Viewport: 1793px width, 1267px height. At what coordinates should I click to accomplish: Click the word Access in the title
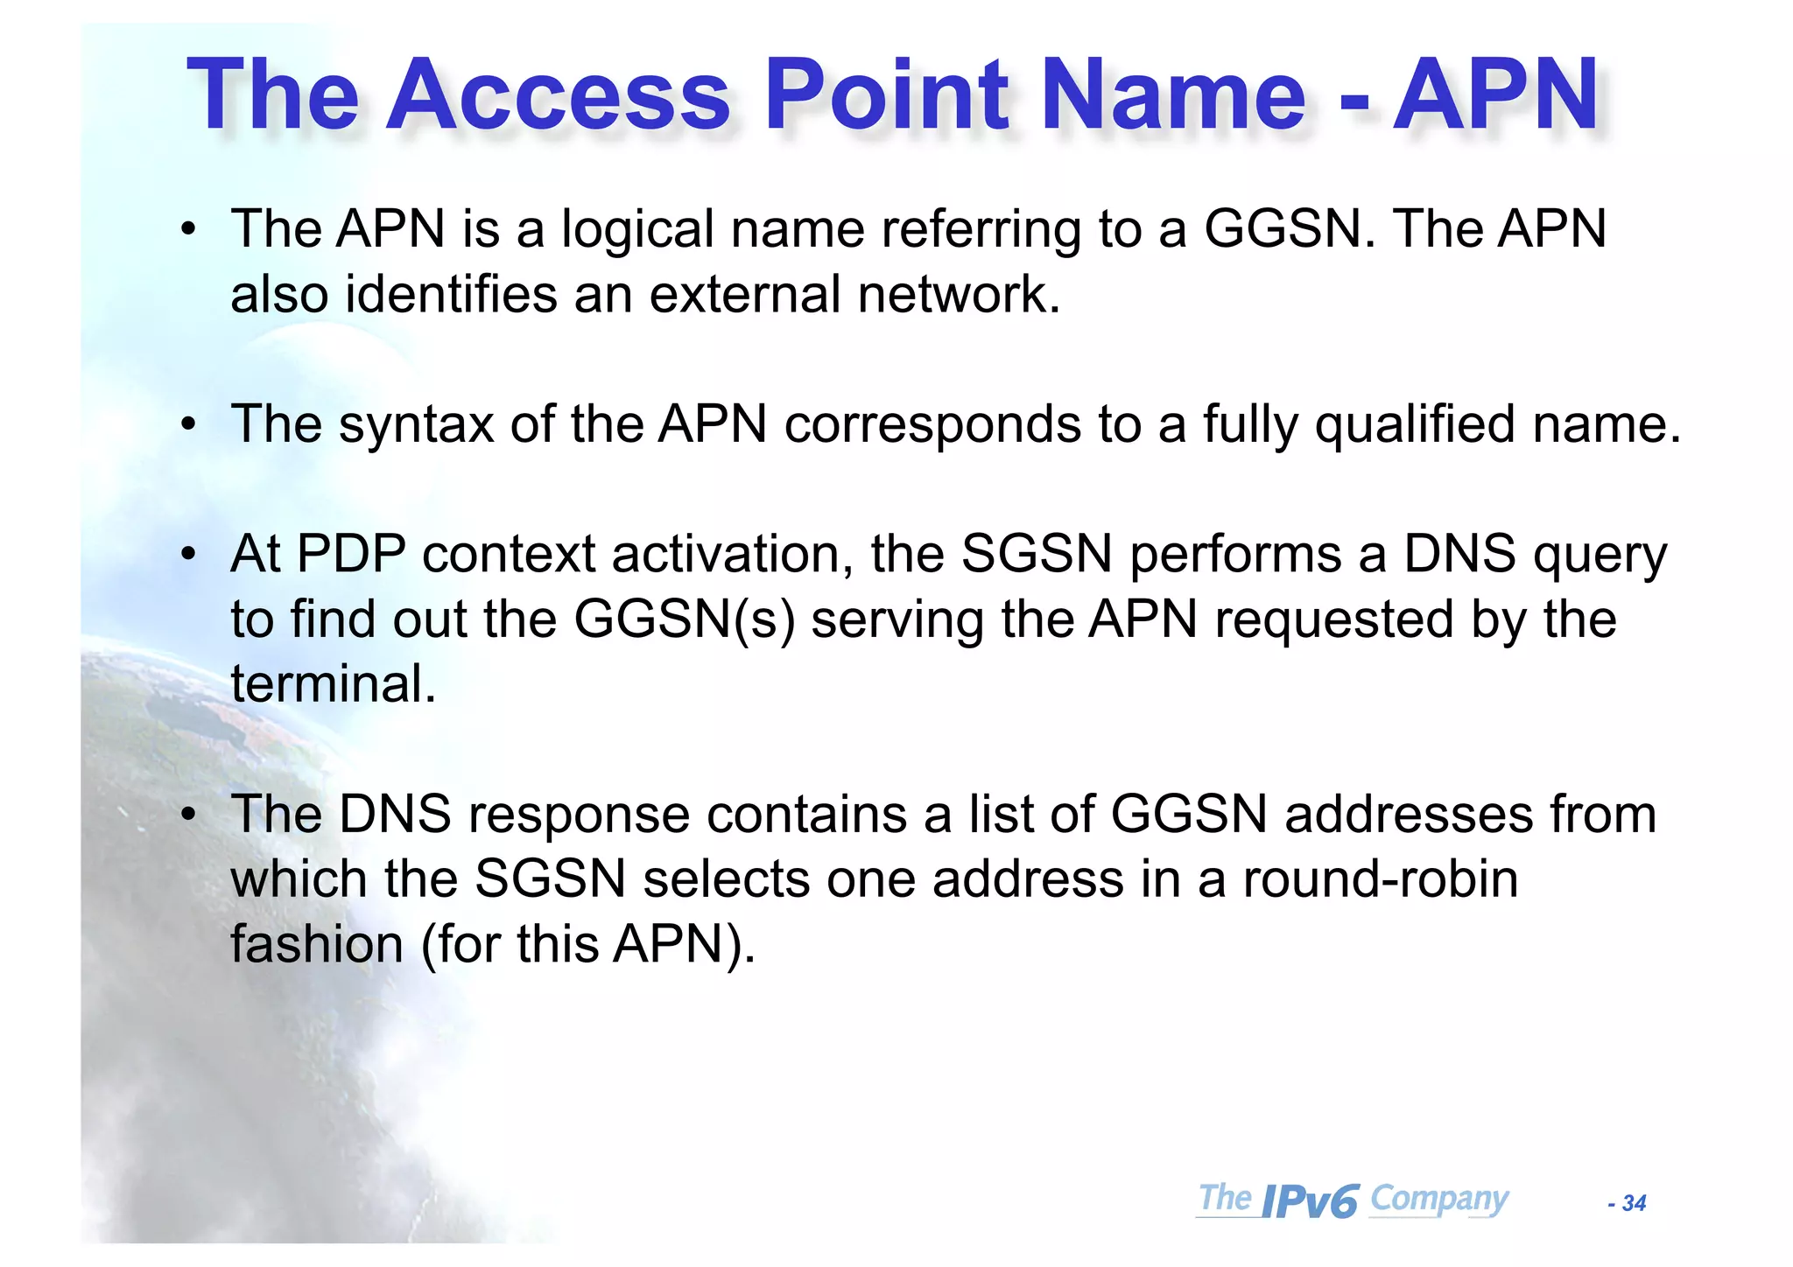point(558,94)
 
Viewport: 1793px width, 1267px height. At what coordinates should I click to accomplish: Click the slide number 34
point(1634,1203)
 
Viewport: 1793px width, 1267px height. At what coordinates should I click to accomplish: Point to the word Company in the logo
point(1438,1198)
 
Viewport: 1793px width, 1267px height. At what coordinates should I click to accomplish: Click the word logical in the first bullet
point(637,229)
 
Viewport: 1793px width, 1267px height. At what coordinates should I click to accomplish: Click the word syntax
point(416,425)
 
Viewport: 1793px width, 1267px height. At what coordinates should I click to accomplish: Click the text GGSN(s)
point(685,619)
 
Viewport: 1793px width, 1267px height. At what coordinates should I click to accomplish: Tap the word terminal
point(333,684)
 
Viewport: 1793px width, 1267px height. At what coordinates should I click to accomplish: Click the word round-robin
point(1380,879)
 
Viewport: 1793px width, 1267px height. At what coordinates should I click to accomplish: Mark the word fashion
point(316,945)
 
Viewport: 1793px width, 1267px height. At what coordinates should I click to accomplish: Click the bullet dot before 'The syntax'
point(188,425)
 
